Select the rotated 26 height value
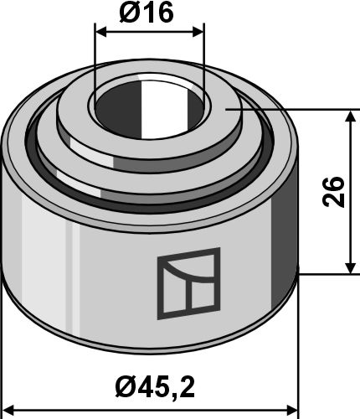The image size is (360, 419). (333, 192)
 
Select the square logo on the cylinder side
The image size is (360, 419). (188, 283)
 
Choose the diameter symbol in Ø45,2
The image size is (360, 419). (125, 386)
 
